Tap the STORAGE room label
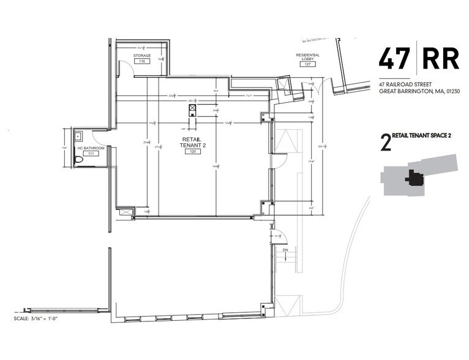[x=142, y=56]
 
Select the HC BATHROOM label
[x=90, y=149]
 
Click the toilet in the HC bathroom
[x=78, y=160]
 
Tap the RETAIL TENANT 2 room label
[x=190, y=142]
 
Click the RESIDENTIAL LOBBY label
[x=307, y=56]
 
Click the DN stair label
[x=284, y=250]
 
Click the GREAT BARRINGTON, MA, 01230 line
[x=419, y=91]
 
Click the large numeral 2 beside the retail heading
[x=385, y=143]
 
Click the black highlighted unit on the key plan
[x=415, y=178]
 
